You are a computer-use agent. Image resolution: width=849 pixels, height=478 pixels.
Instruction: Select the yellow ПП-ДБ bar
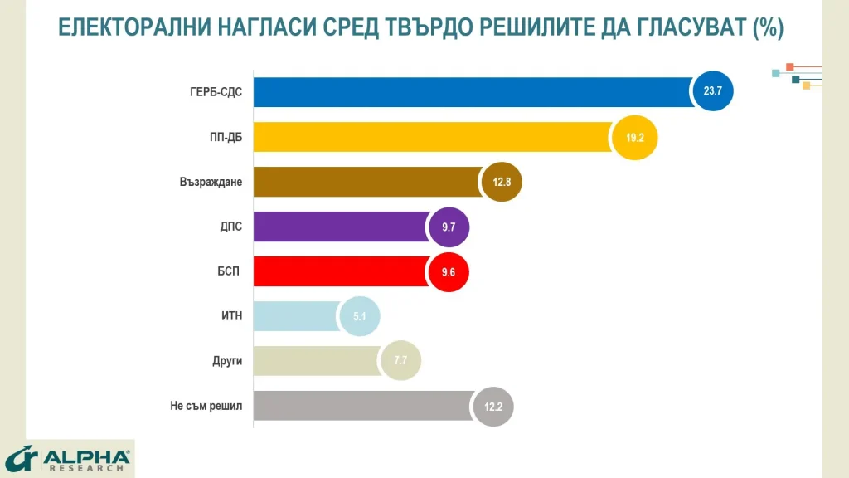click(431, 137)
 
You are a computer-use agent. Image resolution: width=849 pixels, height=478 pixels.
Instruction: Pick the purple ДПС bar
click(340, 227)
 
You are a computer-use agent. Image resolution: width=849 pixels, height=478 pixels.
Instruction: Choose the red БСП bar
click(340, 271)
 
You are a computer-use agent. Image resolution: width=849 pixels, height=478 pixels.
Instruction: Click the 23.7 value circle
click(713, 91)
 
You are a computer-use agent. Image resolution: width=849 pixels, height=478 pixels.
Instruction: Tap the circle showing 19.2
click(635, 137)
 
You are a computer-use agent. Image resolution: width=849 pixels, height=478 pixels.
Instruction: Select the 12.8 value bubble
click(502, 183)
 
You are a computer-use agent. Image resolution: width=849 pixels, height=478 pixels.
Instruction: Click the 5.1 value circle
click(359, 316)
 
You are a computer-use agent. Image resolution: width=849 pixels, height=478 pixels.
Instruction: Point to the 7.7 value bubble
click(400, 361)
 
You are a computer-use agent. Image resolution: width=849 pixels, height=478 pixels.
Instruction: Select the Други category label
click(227, 361)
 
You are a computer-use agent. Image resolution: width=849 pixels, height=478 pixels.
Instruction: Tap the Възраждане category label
click(211, 182)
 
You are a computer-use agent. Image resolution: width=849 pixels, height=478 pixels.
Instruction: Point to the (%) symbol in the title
click(768, 27)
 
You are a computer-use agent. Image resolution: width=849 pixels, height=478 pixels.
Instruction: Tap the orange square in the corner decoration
click(790, 66)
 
